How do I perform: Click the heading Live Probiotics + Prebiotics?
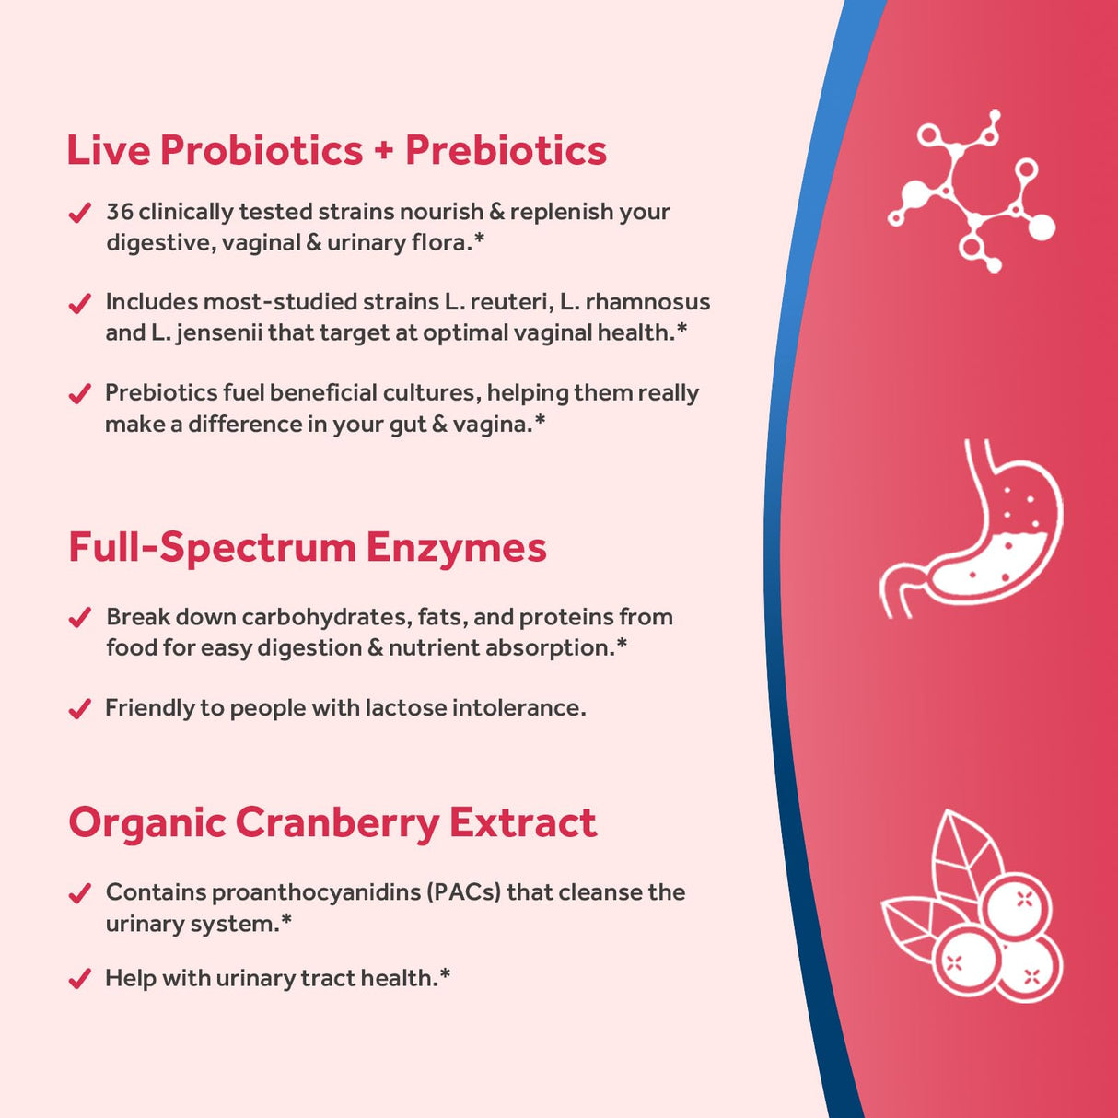pyautogui.click(x=336, y=151)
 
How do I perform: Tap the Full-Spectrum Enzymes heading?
pyautogui.click(x=307, y=547)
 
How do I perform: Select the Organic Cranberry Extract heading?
pyautogui.click(x=332, y=822)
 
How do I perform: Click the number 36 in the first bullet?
pyautogui.click(x=120, y=212)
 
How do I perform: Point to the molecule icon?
pyautogui.click(x=972, y=191)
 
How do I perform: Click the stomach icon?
pyautogui.click(x=972, y=529)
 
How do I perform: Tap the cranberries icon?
pyautogui.click(x=972, y=907)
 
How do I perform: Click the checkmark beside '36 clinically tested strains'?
pyautogui.click(x=80, y=214)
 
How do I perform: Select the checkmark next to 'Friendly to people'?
pyautogui.click(x=80, y=709)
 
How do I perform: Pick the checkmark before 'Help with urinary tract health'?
pyautogui.click(x=80, y=978)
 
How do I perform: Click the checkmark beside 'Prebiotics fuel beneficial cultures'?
pyautogui.click(x=80, y=394)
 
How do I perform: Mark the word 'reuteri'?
pyautogui.click(x=510, y=302)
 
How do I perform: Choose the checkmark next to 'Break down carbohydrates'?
pyautogui.click(x=80, y=618)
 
